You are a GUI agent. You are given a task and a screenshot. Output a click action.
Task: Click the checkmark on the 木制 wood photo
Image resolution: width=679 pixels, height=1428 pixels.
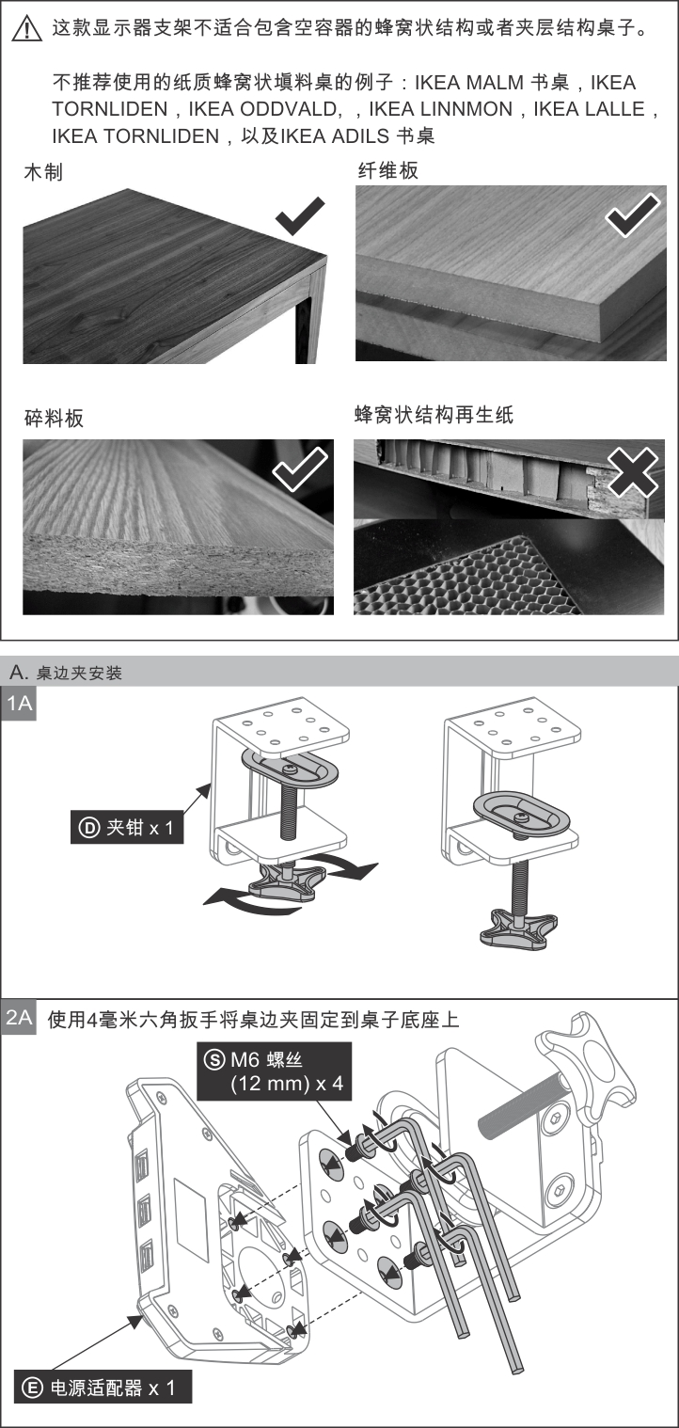coord(300,218)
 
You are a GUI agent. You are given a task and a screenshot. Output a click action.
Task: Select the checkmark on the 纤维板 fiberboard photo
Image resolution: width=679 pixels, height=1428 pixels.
coord(632,215)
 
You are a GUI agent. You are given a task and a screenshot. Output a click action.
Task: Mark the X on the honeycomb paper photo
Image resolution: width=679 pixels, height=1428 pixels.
coord(633,470)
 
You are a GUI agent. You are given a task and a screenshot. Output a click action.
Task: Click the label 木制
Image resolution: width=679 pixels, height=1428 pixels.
coord(43,172)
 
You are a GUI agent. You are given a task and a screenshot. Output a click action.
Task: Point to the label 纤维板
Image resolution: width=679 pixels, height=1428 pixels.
coord(387,170)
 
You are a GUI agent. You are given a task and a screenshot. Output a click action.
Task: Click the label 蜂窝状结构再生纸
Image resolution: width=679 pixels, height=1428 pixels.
coord(434,414)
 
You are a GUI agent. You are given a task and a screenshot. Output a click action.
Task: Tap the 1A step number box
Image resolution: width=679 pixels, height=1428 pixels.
coord(20,704)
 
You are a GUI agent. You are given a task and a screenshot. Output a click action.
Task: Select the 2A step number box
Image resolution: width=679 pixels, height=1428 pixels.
coord(20,1017)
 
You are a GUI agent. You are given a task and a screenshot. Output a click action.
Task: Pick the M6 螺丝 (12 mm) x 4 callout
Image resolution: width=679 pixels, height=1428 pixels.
coord(274,1071)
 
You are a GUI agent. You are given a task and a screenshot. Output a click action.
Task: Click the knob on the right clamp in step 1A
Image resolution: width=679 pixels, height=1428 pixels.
coord(518,927)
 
